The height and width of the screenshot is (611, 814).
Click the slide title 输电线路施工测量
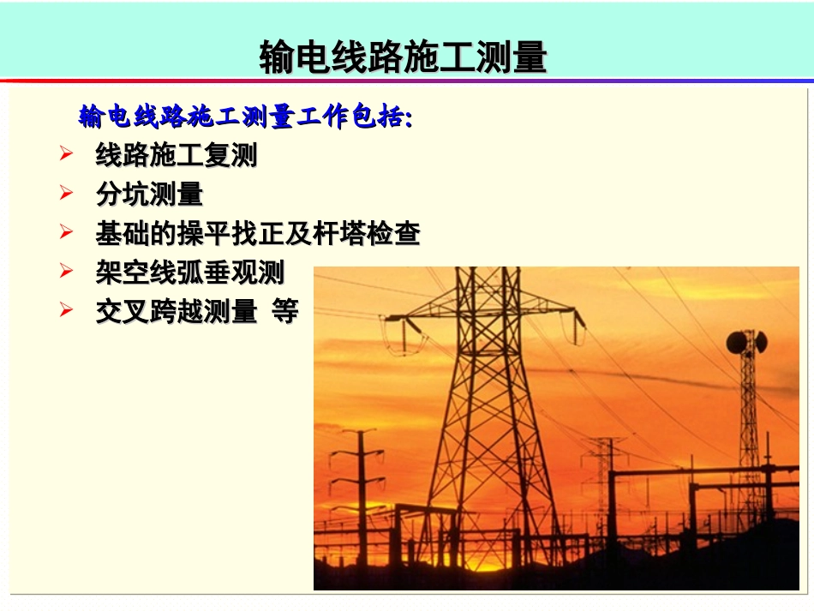403,57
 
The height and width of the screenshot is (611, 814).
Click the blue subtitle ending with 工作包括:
245,117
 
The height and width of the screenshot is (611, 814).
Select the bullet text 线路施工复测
176,156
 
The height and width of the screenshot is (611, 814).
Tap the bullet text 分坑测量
149,195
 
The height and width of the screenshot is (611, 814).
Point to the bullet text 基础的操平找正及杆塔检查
257,233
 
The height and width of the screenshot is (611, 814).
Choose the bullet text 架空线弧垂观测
189,273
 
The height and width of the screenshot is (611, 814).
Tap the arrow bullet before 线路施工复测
67,155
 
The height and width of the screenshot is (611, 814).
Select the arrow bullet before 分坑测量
67,194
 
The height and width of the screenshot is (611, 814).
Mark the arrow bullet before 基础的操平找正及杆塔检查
67,232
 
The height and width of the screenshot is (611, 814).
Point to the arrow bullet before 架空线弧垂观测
67,272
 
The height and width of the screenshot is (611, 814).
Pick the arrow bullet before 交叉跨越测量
67,310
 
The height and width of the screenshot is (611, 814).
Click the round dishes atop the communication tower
746,342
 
